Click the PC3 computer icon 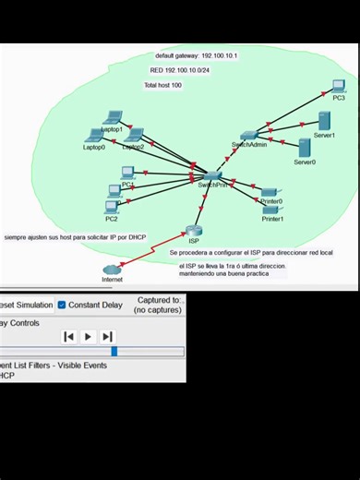338,87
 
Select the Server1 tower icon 324,122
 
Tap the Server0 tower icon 304,148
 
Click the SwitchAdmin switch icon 248,136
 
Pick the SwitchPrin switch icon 212,174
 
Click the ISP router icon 193,231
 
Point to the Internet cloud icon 112,270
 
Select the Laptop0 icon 94,136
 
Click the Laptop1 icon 113,118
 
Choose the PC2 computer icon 112,207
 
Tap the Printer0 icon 270,192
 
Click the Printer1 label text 272,220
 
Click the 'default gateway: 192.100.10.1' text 196,56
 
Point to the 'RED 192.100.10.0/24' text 179,70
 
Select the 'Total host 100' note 162,85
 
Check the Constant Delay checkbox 62,305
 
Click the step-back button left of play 68,337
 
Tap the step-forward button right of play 107,337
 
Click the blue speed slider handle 114,352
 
